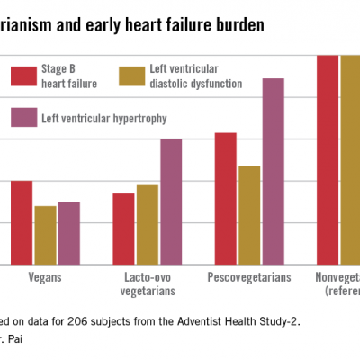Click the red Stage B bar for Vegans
tap(22, 222)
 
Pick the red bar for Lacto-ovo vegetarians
tap(123, 229)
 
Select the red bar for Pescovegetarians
tap(225, 198)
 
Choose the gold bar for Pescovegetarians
tap(248, 215)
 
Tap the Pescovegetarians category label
tap(248, 277)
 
